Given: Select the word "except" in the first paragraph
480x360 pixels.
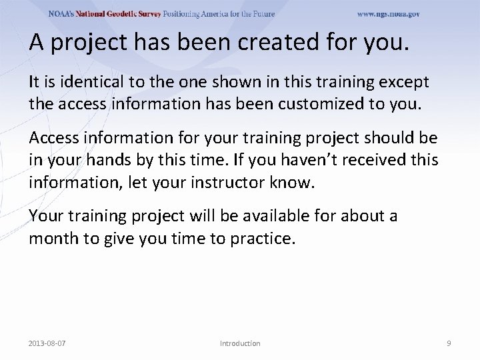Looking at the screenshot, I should coord(406,82).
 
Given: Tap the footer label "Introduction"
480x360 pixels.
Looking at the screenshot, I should coord(240,343).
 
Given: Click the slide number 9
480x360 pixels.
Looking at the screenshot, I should coord(448,343).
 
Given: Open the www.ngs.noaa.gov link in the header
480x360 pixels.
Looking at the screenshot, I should coord(388,14).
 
